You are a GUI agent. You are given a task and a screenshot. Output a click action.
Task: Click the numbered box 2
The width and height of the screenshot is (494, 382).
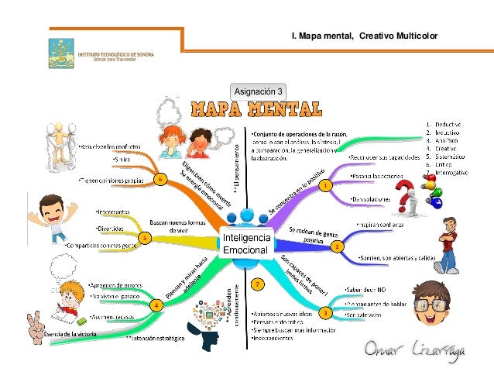point(337,246)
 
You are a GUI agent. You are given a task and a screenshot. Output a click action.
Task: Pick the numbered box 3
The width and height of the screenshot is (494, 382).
point(326,312)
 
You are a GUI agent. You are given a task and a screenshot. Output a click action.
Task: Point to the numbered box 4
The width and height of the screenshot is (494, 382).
point(156,305)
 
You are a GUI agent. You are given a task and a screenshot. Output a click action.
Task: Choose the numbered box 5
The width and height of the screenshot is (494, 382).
point(145,239)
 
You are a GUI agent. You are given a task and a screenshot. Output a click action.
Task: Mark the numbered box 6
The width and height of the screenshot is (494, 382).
point(159,180)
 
